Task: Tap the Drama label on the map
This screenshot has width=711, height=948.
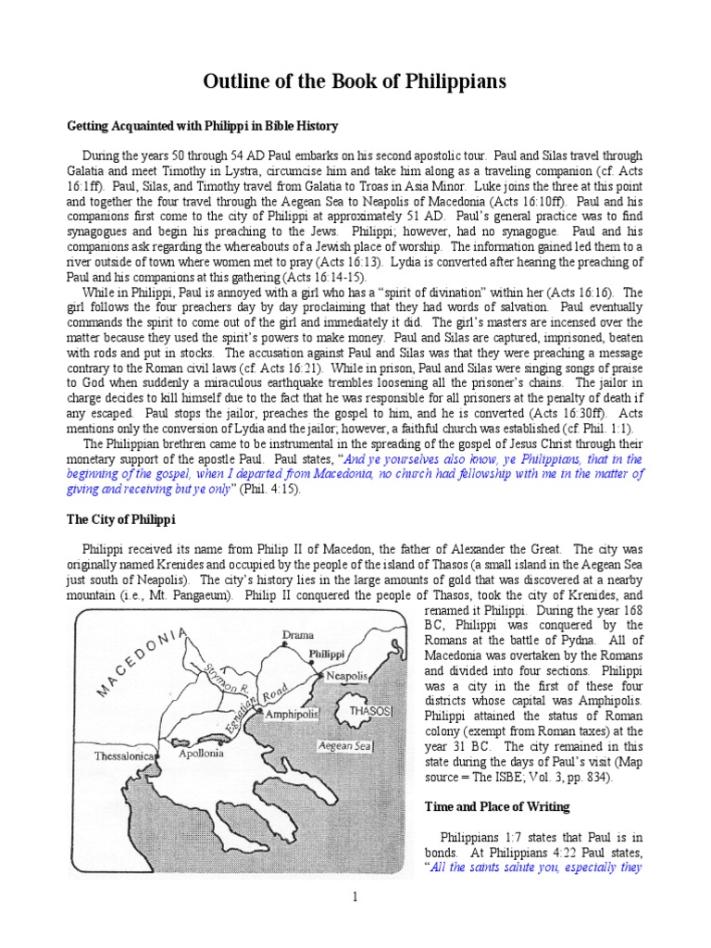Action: click(297, 636)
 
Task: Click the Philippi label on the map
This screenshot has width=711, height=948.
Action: click(328, 653)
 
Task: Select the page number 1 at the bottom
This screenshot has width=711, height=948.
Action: click(355, 896)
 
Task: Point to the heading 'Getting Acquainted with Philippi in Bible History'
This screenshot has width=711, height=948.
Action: click(204, 125)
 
